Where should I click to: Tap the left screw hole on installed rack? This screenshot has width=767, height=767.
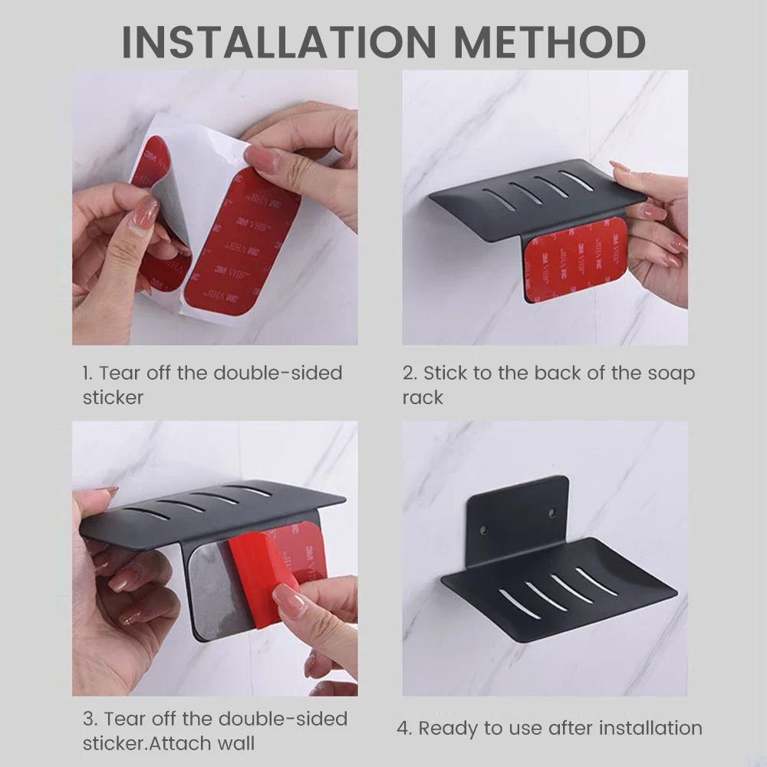pyautogui.click(x=485, y=528)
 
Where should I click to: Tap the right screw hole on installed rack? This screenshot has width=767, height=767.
pyautogui.click(x=551, y=510)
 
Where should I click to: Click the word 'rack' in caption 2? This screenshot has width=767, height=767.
pyautogui.click(x=423, y=397)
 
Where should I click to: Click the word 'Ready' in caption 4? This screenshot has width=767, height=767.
pyautogui.click(x=445, y=728)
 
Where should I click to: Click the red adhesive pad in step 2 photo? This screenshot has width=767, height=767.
pyautogui.click(x=574, y=257)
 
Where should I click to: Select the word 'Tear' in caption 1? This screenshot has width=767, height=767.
pyautogui.click(x=119, y=374)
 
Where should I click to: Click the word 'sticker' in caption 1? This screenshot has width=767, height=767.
pyautogui.click(x=113, y=397)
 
